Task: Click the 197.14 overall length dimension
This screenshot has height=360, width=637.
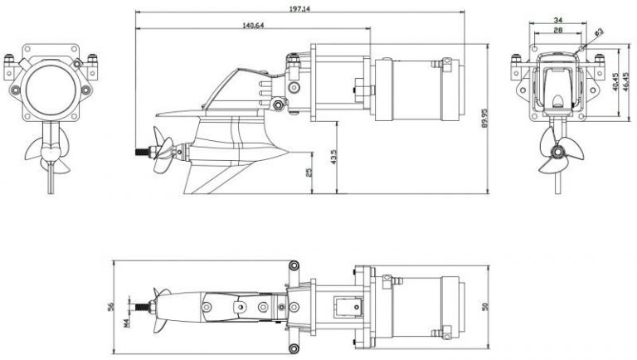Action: pos(301,7)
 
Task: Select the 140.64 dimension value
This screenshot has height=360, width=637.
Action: pos(253,25)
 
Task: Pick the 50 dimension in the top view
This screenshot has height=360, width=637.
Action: pos(487,307)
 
